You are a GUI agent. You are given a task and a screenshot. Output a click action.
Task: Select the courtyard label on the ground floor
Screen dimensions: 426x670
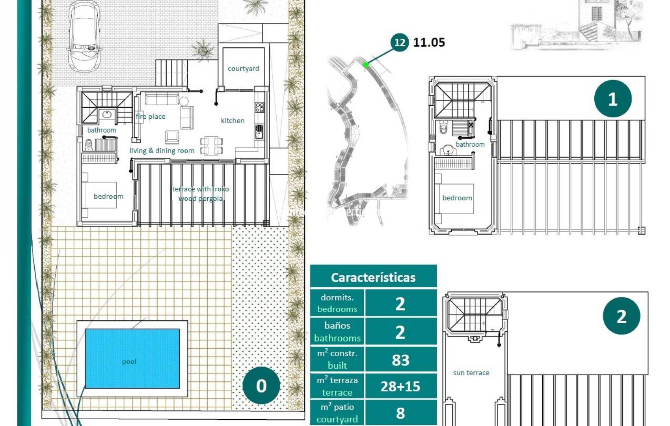[243, 69]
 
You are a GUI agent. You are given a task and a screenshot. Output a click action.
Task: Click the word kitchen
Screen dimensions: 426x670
[233, 121]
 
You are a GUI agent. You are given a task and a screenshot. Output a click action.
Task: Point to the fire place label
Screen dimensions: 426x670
[151, 116]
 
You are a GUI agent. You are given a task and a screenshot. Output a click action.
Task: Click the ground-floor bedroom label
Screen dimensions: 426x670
[108, 196]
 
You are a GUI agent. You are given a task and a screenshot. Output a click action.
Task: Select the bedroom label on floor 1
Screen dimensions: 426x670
[457, 198]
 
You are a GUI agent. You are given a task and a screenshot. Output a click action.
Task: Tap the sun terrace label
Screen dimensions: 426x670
[471, 373]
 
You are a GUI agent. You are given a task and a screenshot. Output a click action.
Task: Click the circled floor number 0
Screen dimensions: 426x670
[261, 386]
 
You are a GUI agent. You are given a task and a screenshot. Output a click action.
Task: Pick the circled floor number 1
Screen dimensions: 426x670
[612, 99]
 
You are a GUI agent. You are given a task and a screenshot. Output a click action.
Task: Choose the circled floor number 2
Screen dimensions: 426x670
[621, 316]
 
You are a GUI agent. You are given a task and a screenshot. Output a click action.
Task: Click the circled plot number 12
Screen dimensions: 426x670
[399, 42]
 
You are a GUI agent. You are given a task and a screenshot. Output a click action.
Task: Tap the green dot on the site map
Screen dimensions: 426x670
[366, 65]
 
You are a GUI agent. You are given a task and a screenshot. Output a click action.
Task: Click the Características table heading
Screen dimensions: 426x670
[373, 277]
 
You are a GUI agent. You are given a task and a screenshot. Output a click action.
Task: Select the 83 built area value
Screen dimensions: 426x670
[400, 360]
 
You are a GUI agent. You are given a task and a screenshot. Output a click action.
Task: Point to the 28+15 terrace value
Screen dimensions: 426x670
[400, 386]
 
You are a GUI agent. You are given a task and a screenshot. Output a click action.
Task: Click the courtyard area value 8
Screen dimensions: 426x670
[400, 413]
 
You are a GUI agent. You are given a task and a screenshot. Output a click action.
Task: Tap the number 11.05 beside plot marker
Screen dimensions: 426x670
[429, 42]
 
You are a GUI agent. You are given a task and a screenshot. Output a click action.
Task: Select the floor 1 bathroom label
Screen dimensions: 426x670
[470, 144]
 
